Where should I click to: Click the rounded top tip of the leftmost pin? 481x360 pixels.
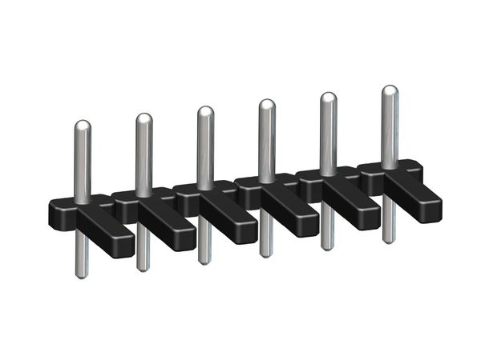82,126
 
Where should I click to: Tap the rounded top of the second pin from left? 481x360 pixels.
143,118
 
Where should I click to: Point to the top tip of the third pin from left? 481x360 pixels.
205,111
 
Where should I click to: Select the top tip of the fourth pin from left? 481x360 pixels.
267,104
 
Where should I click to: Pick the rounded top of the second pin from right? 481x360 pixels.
328,98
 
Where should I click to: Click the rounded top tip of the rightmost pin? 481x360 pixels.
390,90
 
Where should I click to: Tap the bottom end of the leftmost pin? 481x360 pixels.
82,275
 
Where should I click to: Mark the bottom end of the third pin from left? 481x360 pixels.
204,261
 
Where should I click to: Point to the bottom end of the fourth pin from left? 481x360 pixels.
265,254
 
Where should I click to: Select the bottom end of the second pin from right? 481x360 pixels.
326,246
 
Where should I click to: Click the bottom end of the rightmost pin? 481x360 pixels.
388,239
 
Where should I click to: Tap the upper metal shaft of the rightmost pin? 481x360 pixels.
390,128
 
